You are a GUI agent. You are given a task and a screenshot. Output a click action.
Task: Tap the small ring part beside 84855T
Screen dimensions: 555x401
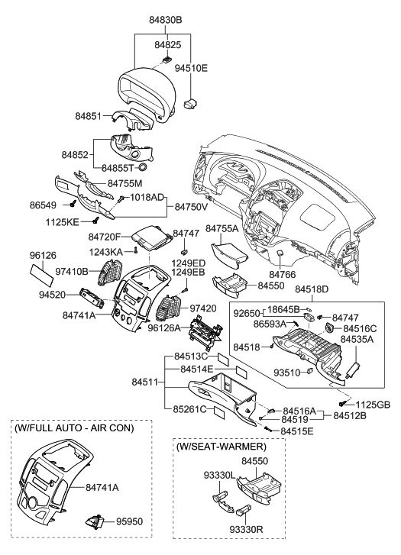[142, 166]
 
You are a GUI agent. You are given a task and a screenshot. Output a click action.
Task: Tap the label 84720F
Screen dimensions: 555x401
[108, 237]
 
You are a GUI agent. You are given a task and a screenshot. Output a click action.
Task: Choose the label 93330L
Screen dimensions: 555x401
[196, 476]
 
